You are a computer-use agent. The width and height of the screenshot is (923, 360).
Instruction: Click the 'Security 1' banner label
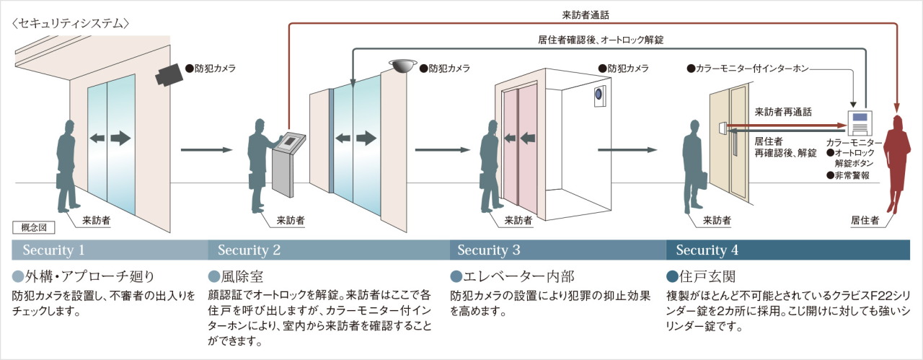coord(54,250)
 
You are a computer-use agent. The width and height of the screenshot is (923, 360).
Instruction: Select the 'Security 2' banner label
coord(249,250)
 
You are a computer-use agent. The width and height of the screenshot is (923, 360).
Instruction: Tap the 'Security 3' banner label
coord(488,250)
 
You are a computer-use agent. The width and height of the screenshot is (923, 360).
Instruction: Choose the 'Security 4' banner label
coord(707,250)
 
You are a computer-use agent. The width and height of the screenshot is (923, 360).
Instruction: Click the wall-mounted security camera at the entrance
coord(169,74)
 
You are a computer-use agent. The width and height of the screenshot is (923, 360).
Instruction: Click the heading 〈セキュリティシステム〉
coord(70,23)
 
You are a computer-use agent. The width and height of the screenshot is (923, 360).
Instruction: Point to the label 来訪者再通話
coord(782,112)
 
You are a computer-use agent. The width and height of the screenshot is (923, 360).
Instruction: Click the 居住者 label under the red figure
coord(865,221)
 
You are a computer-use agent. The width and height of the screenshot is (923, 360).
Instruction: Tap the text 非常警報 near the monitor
coord(851,175)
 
